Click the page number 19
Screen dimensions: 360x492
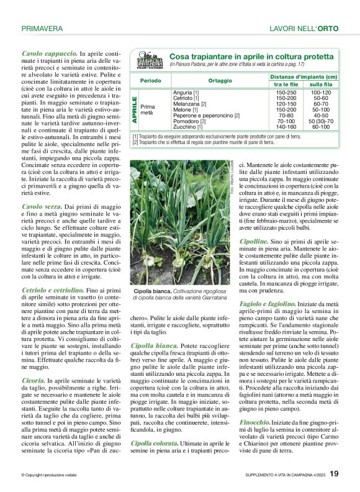[x=334, y=474]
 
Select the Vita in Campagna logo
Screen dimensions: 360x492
[x=149, y=61]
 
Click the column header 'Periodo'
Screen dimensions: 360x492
[x=151, y=81]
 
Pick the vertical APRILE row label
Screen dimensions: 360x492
[x=134, y=109]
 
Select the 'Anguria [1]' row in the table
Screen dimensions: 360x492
[x=186, y=92]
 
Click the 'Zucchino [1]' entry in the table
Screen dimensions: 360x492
[x=187, y=127]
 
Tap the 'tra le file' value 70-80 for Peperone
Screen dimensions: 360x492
[x=286, y=115]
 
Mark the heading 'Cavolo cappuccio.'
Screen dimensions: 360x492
[x=49, y=55]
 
